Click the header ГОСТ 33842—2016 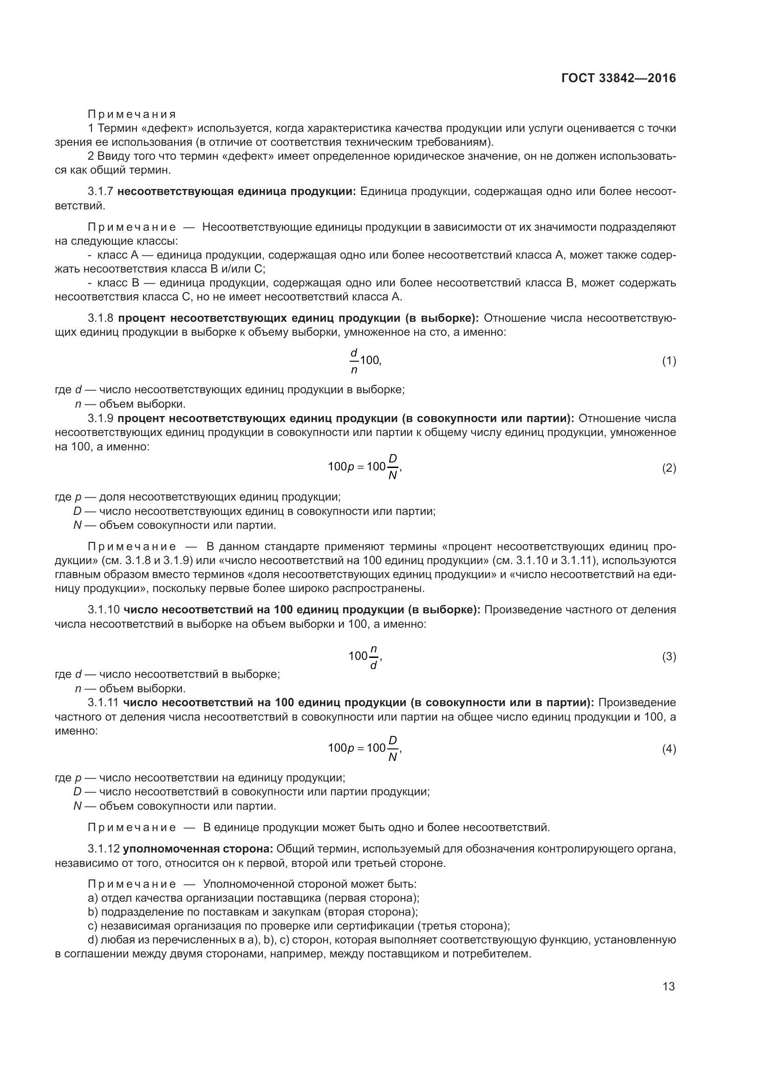click(618, 78)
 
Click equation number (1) click(669, 361)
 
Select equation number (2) click(669, 468)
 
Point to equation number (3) click(669, 656)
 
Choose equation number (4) click(669, 749)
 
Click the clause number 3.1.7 click(100, 192)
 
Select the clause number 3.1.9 click(100, 418)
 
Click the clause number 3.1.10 click(104, 610)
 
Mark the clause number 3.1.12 click(104, 849)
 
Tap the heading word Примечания click(132, 114)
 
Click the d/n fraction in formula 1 click(354, 361)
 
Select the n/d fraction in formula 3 click(373, 656)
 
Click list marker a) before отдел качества click(93, 898)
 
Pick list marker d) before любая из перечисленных click(93, 940)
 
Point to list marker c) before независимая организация click(93, 926)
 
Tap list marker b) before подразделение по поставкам click(93, 912)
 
